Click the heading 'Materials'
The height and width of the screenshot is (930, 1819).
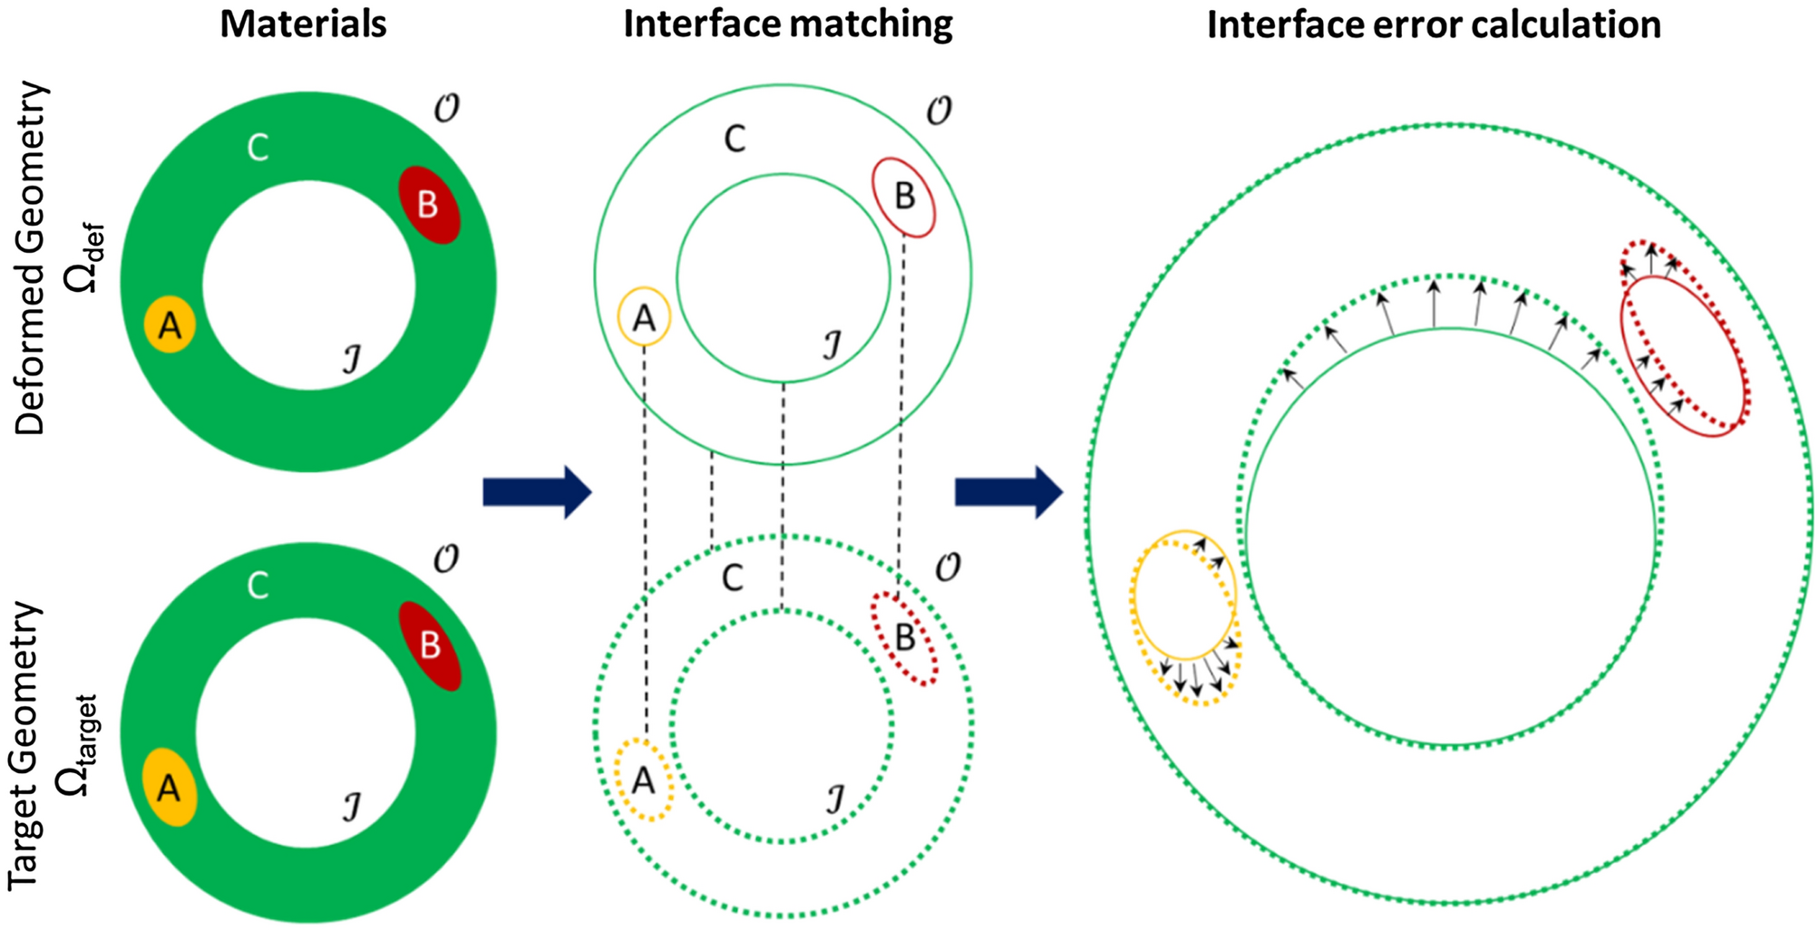coord(303,24)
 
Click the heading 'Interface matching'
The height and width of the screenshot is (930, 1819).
coord(787,24)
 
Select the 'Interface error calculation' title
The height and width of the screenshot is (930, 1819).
coord(1433,24)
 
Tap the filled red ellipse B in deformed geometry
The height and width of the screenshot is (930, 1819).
coord(430,205)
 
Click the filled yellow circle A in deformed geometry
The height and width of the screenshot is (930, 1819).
coord(170,324)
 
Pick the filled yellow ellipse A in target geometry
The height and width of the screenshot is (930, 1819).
coord(170,787)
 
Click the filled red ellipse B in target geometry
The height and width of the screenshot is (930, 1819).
coord(431,645)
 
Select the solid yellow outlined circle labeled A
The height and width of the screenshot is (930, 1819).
coord(644,317)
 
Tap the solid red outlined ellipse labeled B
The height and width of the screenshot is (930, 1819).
coord(903,198)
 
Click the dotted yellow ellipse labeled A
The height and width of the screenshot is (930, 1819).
coord(644,780)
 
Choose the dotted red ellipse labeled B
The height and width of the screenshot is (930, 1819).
coord(904,638)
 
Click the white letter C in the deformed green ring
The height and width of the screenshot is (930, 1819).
coord(258,148)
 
